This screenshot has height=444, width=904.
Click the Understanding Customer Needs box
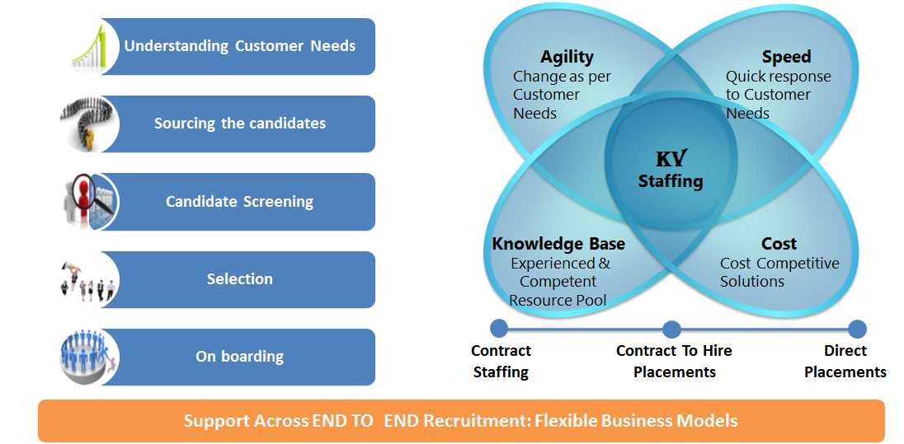pos(239,46)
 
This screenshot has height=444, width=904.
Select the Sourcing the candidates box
pos(239,124)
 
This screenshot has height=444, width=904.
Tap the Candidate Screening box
pos(239,202)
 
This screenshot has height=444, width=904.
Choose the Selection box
pos(239,279)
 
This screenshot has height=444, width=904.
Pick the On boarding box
pos(239,357)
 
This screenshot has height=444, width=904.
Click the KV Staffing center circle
pos(671,169)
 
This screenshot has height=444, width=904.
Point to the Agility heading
pos(567,57)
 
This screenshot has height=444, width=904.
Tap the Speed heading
pos(786,57)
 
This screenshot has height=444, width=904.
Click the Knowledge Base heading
pos(558,244)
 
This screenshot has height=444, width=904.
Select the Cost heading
pos(779,244)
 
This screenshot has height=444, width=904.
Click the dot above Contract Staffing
pos(499,329)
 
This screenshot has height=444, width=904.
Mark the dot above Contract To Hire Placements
pos(671,329)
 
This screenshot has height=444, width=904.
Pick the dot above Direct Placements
pos(857,329)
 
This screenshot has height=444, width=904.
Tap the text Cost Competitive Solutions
pos(779,273)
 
